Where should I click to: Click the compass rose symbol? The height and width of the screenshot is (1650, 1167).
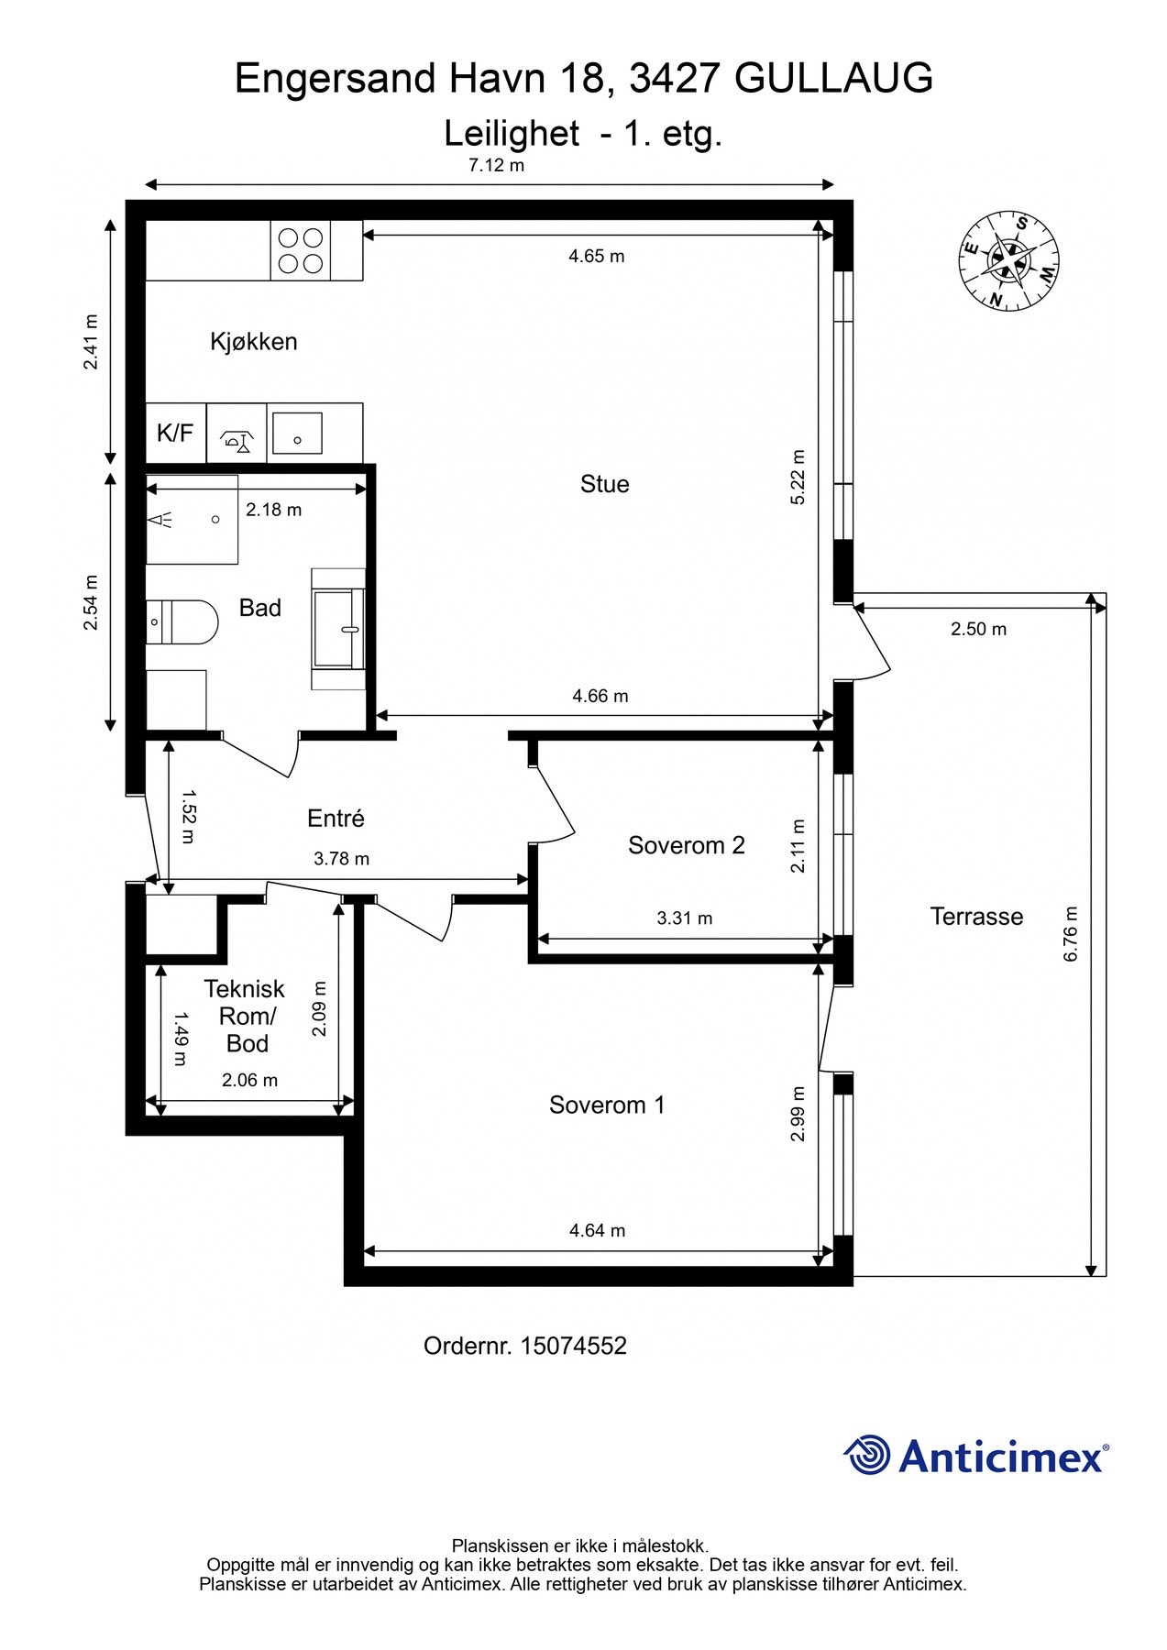[x=1008, y=261]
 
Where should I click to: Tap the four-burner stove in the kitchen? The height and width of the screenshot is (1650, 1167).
[x=301, y=250]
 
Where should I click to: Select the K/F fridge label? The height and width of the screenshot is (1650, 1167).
[x=175, y=433]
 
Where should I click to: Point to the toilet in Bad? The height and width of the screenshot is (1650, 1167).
[x=182, y=622]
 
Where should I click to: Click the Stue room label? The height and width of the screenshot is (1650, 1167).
[x=605, y=484]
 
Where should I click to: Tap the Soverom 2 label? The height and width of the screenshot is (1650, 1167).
[x=687, y=845]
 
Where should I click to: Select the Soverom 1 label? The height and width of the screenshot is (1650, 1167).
[x=607, y=1105]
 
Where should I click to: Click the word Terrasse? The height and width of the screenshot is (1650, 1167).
[x=976, y=917]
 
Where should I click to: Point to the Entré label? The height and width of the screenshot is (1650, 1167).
[x=336, y=818]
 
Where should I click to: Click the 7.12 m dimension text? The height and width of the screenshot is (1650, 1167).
[x=497, y=166]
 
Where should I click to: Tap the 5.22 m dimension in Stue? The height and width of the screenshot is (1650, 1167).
[x=798, y=477]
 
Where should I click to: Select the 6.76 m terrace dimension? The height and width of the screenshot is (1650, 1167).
[x=1071, y=934]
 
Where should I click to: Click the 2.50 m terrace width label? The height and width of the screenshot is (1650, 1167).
[x=978, y=629]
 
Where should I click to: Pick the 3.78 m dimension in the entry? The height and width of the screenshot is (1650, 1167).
[x=342, y=859]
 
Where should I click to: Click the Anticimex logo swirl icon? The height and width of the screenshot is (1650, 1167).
[x=867, y=1455]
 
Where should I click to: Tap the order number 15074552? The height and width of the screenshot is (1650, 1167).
[x=574, y=1346]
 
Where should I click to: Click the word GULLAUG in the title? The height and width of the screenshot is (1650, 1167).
[x=834, y=79]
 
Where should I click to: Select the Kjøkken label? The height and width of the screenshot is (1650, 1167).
[x=254, y=342]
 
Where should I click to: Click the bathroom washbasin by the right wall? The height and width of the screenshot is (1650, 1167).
[x=338, y=629]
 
